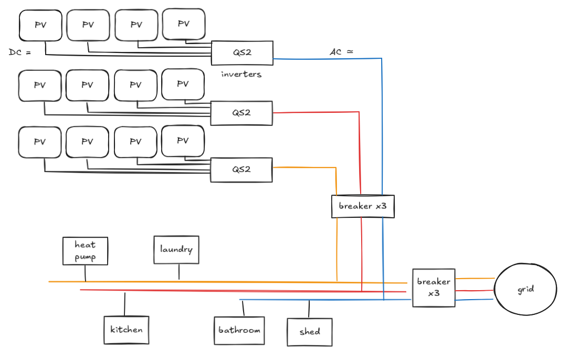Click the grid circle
point(525,289)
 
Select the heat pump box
point(85,251)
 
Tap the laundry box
point(176,250)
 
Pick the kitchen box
point(126,330)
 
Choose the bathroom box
point(239,331)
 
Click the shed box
point(310,332)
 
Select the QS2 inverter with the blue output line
point(242,53)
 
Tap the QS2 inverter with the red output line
point(241,113)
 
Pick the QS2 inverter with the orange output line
point(241,170)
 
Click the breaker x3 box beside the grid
point(434,288)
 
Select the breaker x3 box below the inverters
point(363,206)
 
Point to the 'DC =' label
point(20,52)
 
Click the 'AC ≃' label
point(341,52)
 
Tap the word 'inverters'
point(241,75)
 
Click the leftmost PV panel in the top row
point(40,25)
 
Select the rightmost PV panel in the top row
point(183,24)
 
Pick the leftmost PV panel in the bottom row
point(40,142)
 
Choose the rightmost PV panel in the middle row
point(183,84)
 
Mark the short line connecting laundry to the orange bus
point(179,272)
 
